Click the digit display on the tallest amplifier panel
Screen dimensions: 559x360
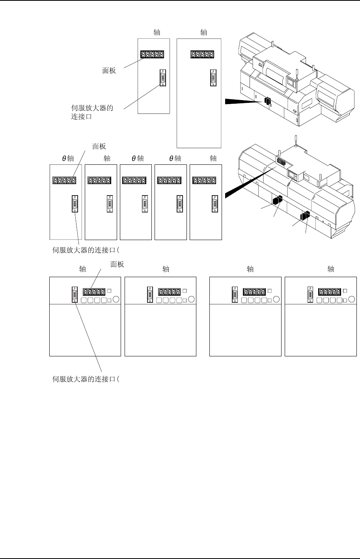pos(203,55)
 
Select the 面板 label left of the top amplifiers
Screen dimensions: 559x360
pos(109,71)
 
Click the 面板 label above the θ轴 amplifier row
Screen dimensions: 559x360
pos(99,146)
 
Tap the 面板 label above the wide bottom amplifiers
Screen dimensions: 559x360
pos(117,265)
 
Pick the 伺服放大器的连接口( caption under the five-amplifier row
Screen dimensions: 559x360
pos(86,249)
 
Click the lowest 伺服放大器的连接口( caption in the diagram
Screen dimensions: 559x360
pos(86,379)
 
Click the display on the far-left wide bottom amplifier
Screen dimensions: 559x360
pos(94,292)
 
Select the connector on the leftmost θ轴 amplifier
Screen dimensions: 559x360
pos(75,204)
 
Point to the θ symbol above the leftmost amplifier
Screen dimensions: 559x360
pos(65,159)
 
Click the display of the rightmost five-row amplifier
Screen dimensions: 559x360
pos(204,181)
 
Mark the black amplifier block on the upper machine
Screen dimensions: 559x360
pos(268,102)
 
